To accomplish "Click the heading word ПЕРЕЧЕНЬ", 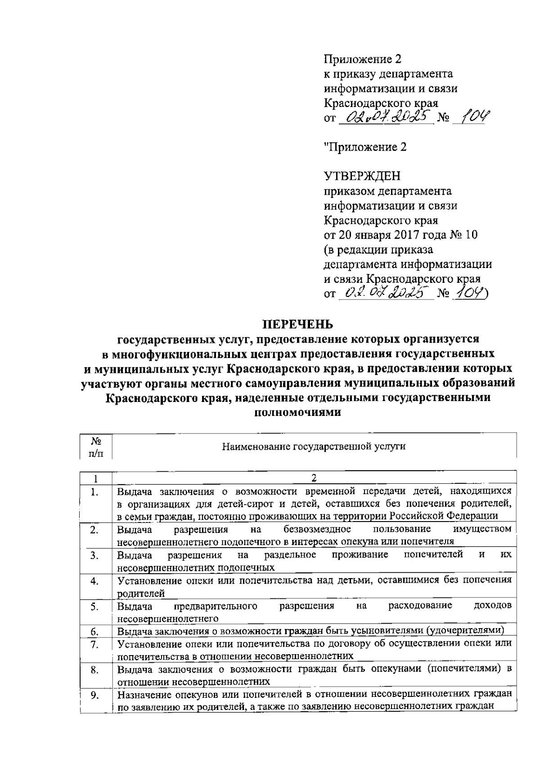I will [x=298, y=324].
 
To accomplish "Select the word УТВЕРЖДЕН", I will [x=362, y=176].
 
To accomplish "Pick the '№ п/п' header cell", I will [x=95, y=446].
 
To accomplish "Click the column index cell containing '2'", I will [x=314, y=477].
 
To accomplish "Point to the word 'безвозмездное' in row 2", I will [x=317, y=529].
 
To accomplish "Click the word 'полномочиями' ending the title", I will [x=298, y=412].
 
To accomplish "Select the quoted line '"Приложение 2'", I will [x=365, y=147].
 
